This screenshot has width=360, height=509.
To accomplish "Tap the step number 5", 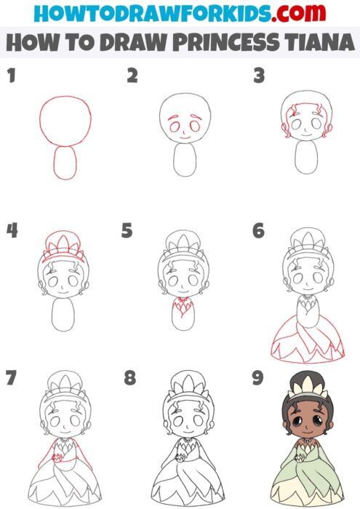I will point(127,231).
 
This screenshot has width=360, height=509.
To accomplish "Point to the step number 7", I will point(10,379).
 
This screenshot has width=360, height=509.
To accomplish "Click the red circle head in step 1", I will point(67,120).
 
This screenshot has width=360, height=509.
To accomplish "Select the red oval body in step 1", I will point(68,163).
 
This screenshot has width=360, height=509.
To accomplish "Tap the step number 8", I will point(129,379).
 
